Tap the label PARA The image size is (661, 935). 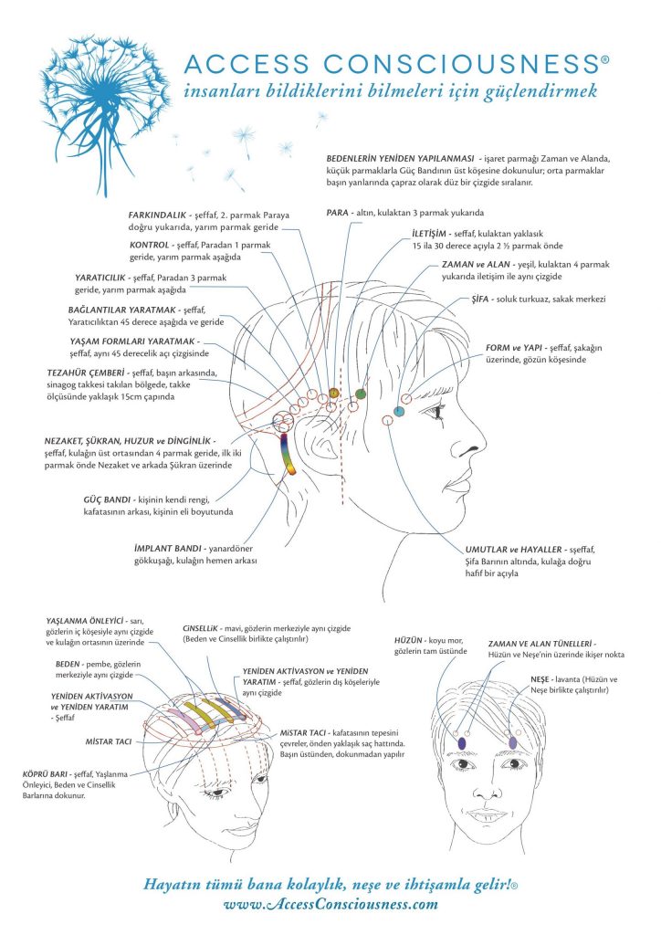338,212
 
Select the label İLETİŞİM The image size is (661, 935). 428,234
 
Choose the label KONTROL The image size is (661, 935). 150,245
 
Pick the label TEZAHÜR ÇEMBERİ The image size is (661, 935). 86,373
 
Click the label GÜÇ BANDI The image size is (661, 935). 108,499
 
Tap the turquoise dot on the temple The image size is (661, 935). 399,411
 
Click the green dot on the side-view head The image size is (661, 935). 360,394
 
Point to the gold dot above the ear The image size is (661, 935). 333,393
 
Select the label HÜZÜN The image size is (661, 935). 408,640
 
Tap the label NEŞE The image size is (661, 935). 540,679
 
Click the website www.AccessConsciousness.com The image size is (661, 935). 330,905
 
